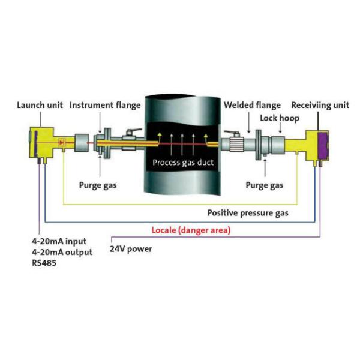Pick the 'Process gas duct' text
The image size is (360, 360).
[182, 163]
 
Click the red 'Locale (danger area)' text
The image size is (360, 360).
[191, 230]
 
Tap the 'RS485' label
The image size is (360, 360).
[44, 262]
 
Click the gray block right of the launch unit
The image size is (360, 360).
[80, 144]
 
